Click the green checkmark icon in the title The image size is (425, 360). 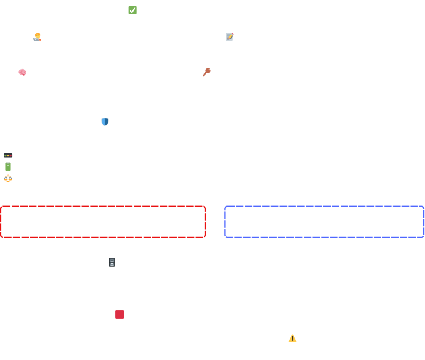click(132, 10)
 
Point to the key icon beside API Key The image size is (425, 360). click(206, 72)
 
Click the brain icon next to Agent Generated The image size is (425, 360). click(22, 72)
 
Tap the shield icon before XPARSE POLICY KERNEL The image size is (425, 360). click(105, 122)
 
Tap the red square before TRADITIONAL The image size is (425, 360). click(120, 315)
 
